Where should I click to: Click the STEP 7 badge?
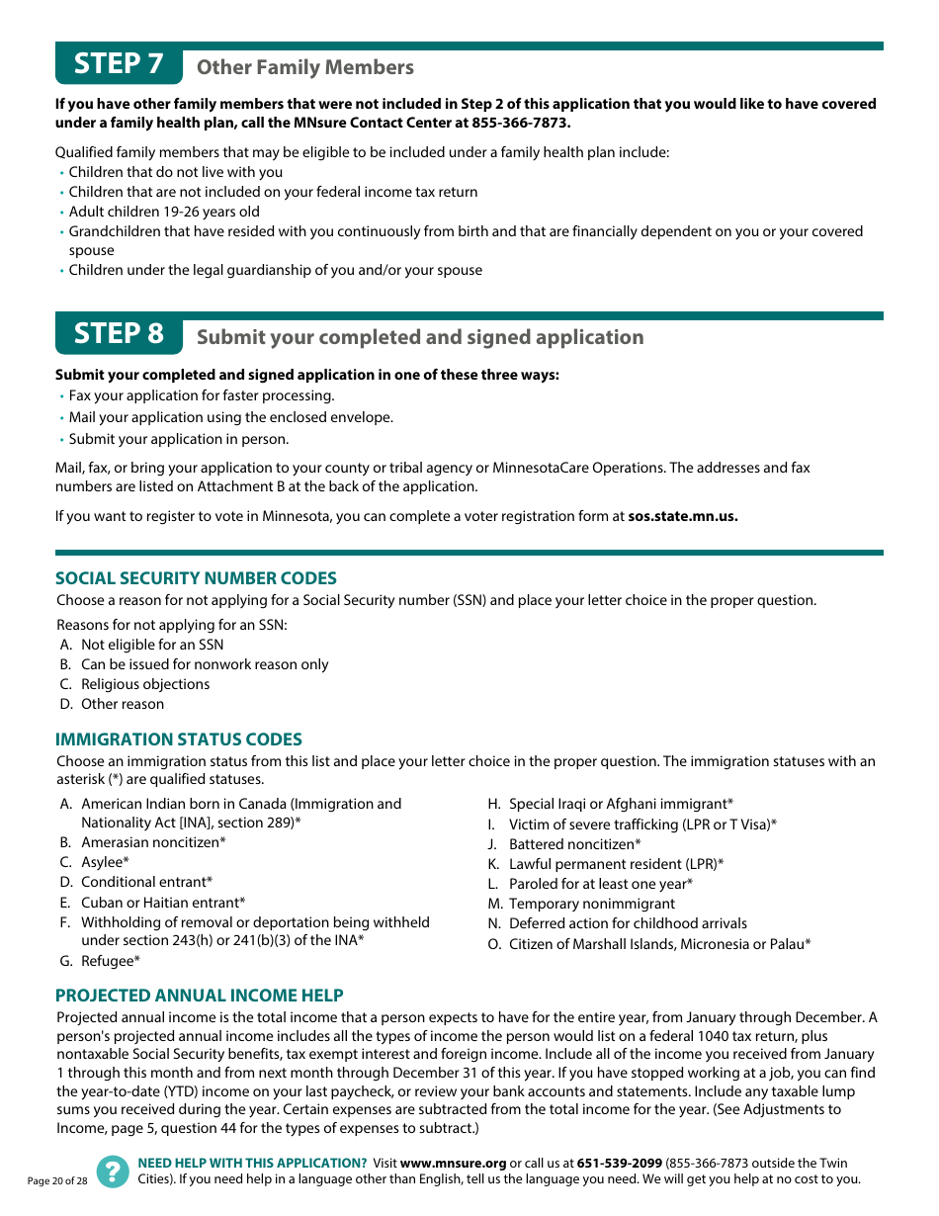(119, 64)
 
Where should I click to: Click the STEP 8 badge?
(119, 334)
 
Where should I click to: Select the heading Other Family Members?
(305, 67)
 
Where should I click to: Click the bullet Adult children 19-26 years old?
(164, 212)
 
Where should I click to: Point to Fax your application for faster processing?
(202, 395)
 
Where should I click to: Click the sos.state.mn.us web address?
(683, 516)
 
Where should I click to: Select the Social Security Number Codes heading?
(196, 578)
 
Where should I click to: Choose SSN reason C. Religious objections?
(144, 684)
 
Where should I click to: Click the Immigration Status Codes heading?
(179, 739)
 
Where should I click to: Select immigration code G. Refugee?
(110, 961)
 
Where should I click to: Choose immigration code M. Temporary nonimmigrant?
(591, 904)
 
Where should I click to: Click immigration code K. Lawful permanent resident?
(616, 864)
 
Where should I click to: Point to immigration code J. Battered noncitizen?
(574, 844)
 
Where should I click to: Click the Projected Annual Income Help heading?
(200, 996)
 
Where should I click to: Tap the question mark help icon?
(113, 1172)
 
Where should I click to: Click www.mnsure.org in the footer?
(453, 1164)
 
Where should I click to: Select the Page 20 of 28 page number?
(57, 1181)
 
